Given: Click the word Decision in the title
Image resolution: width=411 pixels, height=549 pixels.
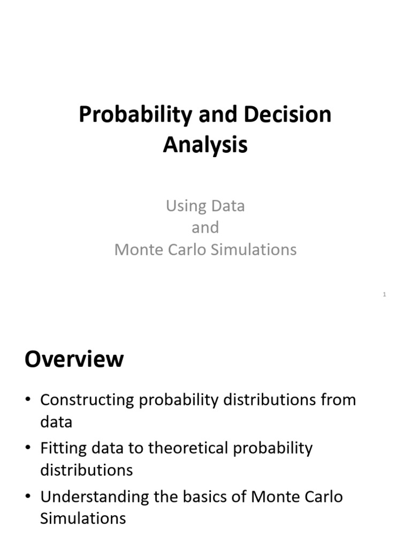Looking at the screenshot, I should pyautogui.click(x=287, y=115).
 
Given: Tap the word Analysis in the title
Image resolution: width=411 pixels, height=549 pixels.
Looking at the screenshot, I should pyautogui.click(x=205, y=145).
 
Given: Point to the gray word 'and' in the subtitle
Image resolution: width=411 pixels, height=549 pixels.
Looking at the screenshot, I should pyautogui.click(x=205, y=227).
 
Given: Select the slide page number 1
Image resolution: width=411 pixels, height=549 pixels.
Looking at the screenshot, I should pyautogui.click(x=384, y=294).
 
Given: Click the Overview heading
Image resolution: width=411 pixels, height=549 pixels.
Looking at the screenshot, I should pyautogui.click(x=74, y=359).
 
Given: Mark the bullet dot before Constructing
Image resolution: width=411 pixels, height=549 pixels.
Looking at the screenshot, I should pyautogui.click(x=28, y=400).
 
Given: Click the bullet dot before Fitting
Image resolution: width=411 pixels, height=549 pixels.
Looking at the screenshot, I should pyautogui.click(x=28, y=448).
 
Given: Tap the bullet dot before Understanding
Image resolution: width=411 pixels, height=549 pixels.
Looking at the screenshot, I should pyautogui.click(x=28, y=497).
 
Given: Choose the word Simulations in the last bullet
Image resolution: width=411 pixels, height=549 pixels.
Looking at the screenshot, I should pyautogui.click(x=83, y=518).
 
